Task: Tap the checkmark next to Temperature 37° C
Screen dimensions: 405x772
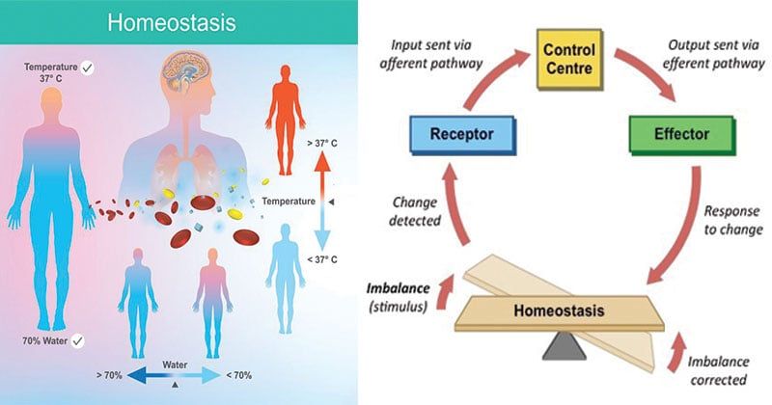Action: [x=89, y=67]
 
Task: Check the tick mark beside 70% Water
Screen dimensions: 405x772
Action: [x=77, y=340]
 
